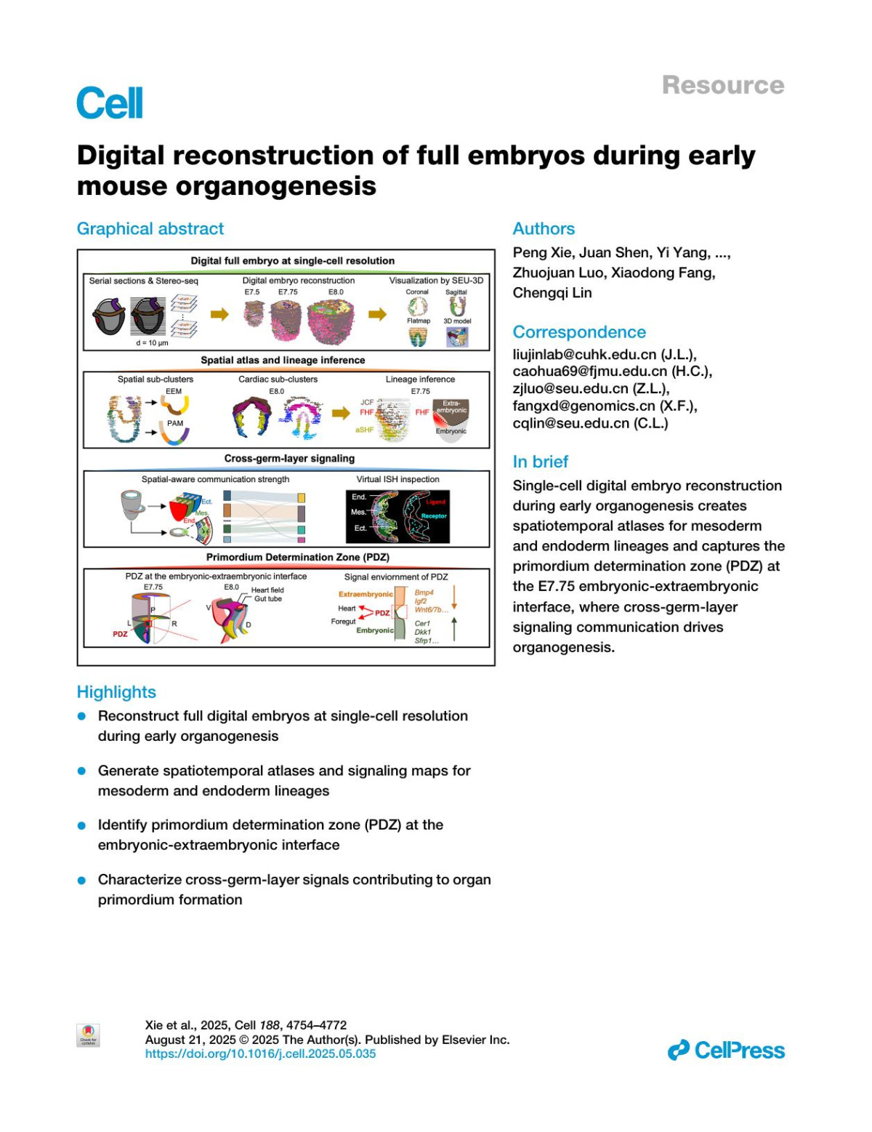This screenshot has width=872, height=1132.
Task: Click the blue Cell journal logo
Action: click(x=110, y=103)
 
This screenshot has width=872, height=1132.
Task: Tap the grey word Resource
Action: click(x=722, y=85)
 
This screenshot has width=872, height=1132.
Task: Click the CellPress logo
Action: click(x=726, y=1050)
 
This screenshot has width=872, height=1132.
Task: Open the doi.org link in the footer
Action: click(x=260, y=1053)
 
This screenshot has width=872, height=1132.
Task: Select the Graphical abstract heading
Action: click(x=150, y=228)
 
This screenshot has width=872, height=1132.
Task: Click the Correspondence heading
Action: click(x=578, y=332)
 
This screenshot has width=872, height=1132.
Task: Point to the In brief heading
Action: click(x=540, y=461)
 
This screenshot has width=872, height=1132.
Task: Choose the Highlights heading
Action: click(x=116, y=691)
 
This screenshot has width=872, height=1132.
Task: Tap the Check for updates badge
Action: click(x=88, y=1035)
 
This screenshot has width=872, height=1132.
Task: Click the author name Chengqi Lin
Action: click(x=552, y=292)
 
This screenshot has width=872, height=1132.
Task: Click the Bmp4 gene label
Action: click(x=424, y=593)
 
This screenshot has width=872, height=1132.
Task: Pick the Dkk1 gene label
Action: click(x=422, y=632)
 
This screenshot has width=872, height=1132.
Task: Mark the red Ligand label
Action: click(x=435, y=502)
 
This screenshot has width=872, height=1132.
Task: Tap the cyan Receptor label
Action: click(x=434, y=515)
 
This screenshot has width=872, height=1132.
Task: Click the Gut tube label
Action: click(x=267, y=598)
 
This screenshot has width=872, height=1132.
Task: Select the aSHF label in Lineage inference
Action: click(x=364, y=430)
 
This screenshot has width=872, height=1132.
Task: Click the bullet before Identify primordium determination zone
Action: click(x=82, y=825)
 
